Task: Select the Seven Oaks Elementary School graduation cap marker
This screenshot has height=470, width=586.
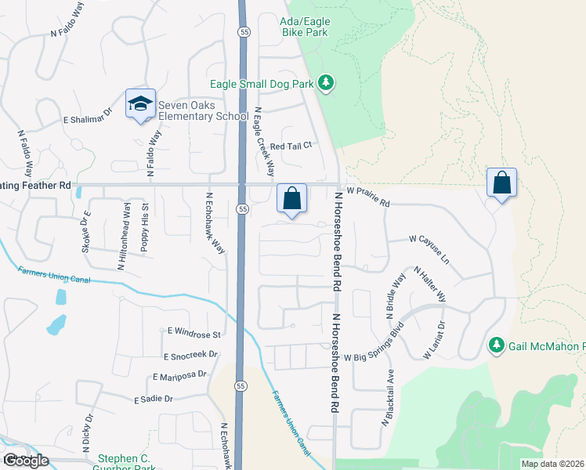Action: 140,104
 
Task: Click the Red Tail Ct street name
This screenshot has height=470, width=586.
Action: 291,146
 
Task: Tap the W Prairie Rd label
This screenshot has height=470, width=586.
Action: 367,196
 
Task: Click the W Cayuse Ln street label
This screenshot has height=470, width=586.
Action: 429,249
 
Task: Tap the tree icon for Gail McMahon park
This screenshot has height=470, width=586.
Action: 496,345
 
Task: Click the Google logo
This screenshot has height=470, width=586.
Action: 25,461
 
